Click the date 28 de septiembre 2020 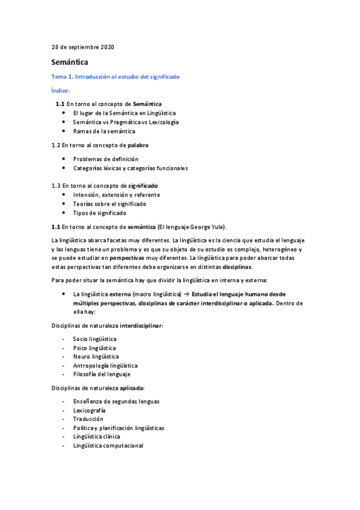[x=82, y=46]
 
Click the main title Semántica [x=70, y=62]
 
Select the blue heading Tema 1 [x=115, y=77]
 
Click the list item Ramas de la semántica [x=104, y=131]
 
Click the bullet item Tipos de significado [x=99, y=213]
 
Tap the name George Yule [x=206, y=227]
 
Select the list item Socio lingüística [x=94, y=339]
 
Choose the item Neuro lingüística [x=96, y=357]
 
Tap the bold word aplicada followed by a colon [x=132, y=388]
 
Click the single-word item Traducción [x=88, y=419]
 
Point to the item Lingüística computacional [x=108, y=446]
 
